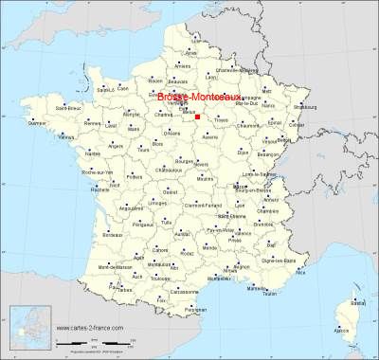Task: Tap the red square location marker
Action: (x=198, y=117)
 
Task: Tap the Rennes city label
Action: (x=91, y=124)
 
